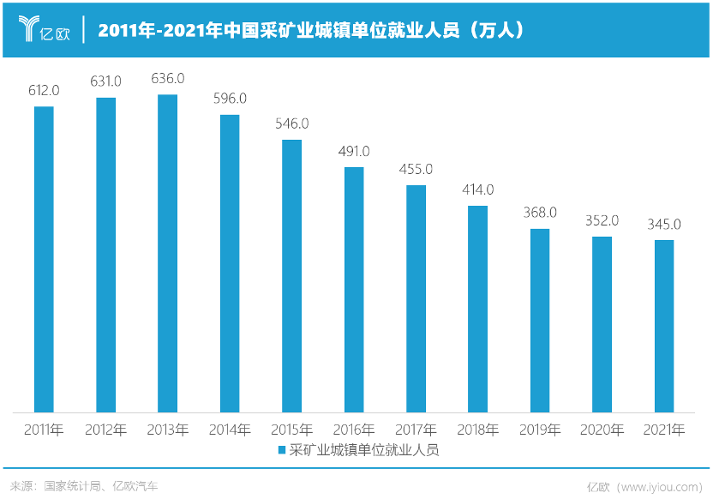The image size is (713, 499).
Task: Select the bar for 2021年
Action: [664, 326]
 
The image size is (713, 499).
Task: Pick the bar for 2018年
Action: [478, 309]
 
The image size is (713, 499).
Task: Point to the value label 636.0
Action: [168, 78]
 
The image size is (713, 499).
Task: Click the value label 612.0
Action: [44, 90]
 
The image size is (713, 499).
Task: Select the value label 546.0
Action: [292, 123]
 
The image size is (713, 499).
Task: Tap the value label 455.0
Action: [416, 169]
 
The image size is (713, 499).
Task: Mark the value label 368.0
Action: [540, 213]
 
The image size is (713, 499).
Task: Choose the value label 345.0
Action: [664, 225]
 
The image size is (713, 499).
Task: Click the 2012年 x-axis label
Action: [106, 430]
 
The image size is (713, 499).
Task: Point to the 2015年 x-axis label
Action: [292, 430]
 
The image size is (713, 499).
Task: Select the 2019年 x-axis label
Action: [540, 430]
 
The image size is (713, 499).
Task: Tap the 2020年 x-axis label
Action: [602, 430]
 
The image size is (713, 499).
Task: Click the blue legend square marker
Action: [281, 449]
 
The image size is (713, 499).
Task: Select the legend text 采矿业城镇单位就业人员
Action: [363, 449]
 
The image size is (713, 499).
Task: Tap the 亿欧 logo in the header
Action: [44, 31]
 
